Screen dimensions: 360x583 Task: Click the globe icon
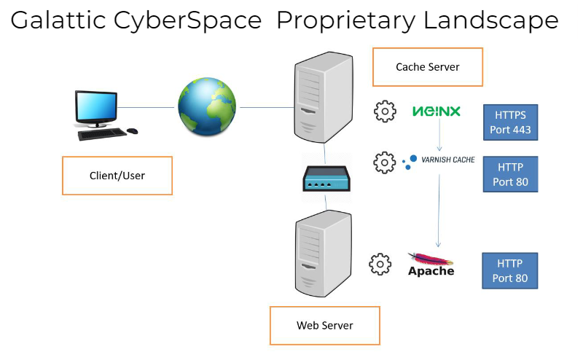click(x=207, y=108)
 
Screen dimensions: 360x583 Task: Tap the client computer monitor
click(x=97, y=109)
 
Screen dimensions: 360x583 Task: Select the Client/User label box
click(x=117, y=176)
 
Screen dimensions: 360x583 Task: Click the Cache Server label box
click(x=428, y=67)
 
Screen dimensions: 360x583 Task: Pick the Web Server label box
click(x=325, y=325)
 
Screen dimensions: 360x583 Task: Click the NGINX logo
click(x=437, y=111)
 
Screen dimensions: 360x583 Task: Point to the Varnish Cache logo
click(x=439, y=160)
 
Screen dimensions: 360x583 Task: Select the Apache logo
click(x=431, y=265)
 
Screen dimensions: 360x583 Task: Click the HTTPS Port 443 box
click(x=511, y=122)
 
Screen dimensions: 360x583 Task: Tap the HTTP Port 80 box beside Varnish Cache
click(x=511, y=174)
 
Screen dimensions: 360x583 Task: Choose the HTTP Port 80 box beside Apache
click(x=511, y=270)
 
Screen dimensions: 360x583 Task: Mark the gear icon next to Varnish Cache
click(x=384, y=163)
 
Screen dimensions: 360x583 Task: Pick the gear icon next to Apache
click(x=380, y=265)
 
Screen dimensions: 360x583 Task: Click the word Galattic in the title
click(x=60, y=20)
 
